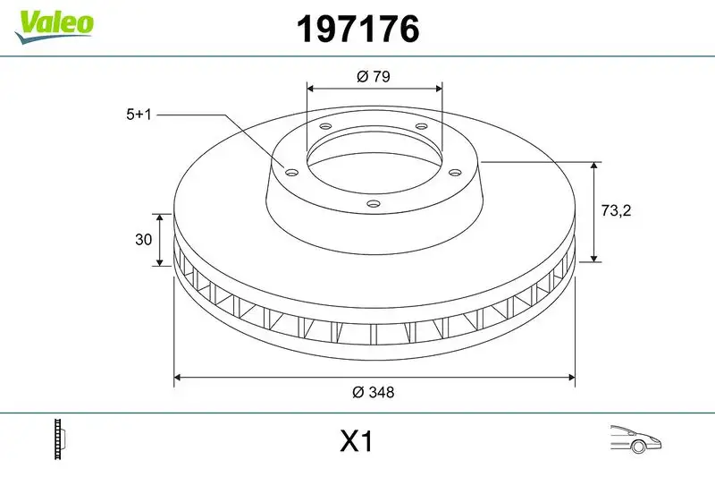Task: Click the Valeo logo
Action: (x=54, y=22)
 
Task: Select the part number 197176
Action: (x=357, y=29)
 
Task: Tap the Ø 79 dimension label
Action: (x=374, y=77)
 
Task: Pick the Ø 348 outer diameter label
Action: (x=374, y=392)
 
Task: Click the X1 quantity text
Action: (x=356, y=441)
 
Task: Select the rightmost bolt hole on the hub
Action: (x=453, y=173)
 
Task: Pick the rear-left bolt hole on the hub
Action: (x=324, y=127)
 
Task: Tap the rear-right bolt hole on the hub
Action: (x=421, y=127)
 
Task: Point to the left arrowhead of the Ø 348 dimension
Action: (x=177, y=376)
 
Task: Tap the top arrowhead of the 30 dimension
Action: (x=160, y=217)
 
